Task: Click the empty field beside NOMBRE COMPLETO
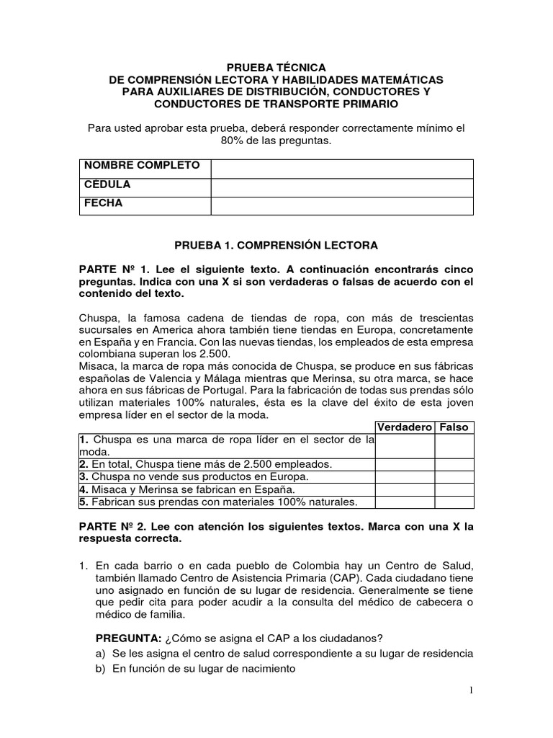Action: pyautogui.click(x=341, y=169)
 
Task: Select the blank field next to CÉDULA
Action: pyautogui.click(x=341, y=187)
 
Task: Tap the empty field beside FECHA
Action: pyautogui.click(x=341, y=206)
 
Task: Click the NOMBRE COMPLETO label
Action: pyautogui.click(x=142, y=166)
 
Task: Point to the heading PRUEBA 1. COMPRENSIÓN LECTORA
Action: pyautogui.click(x=276, y=246)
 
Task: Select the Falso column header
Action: pyautogui.click(x=454, y=427)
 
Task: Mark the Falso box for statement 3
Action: pyautogui.click(x=454, y=477)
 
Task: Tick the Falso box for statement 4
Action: pyautogui.click(x=454, y=490)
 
